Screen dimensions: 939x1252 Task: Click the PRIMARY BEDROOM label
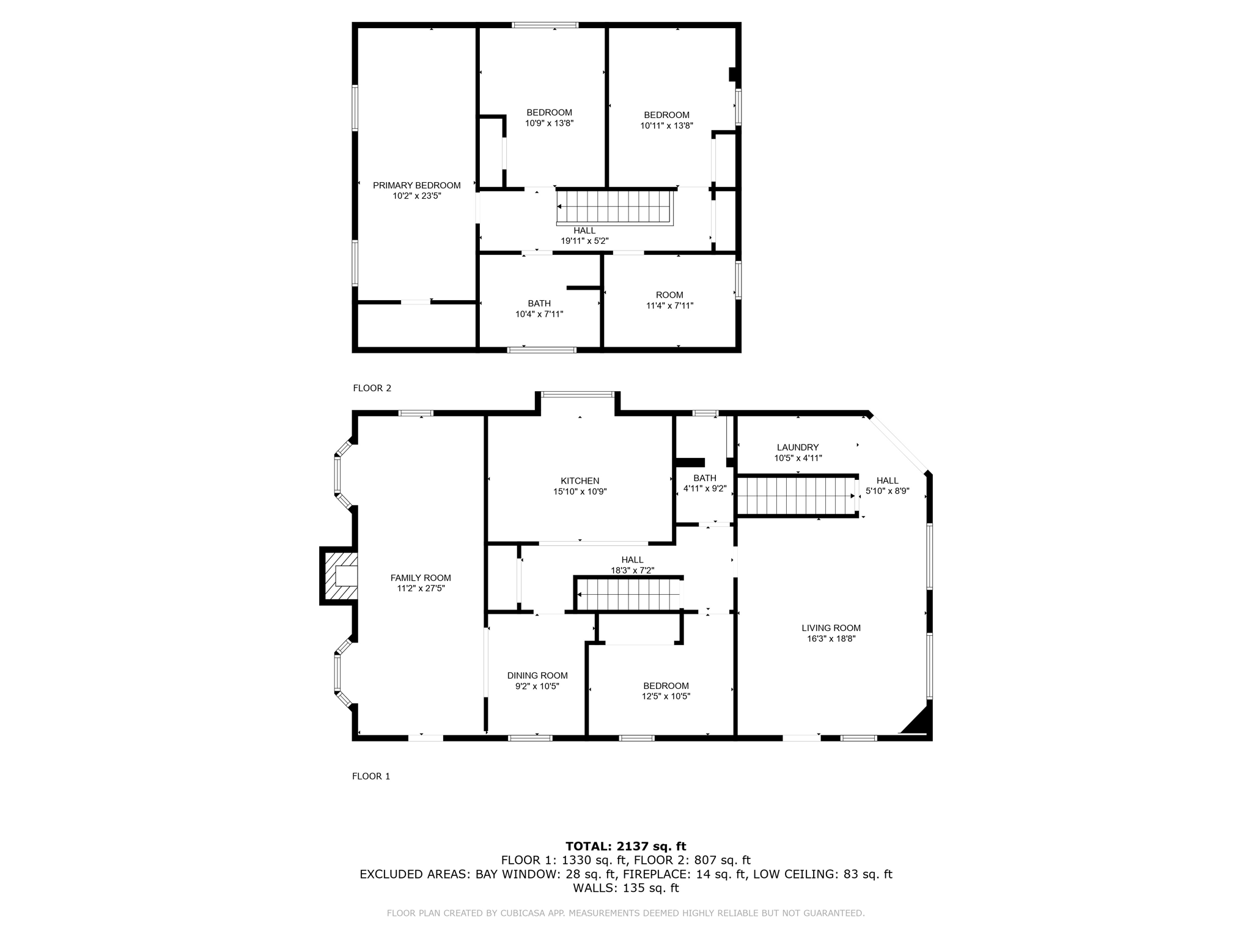(x=416, y=185)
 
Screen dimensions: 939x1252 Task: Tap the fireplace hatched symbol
(x=341, y=576)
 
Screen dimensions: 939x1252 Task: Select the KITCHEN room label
(x=580, y=481)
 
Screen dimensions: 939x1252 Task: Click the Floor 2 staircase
(x=614, y=207)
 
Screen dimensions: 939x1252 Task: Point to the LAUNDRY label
(x=797, y=447)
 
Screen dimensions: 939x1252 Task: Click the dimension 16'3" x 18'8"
(x=831, y=639)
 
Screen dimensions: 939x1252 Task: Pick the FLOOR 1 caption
(x=370, y=776)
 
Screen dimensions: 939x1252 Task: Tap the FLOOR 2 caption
(x=372, y=388)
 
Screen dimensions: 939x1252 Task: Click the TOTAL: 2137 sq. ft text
(x=625, y=846)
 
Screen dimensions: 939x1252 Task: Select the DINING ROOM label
(x=537, y=676)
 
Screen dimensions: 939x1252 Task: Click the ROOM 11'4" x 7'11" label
(x=669, y=300)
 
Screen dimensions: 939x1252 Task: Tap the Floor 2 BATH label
(x=539, y=303)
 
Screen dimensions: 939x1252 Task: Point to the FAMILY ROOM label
(x=421, y=578)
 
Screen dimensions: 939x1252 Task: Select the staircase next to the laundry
(x=796, y=496)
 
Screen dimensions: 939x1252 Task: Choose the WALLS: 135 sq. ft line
(x=625, y=888)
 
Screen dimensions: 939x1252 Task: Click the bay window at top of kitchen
(x=578, y=395)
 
